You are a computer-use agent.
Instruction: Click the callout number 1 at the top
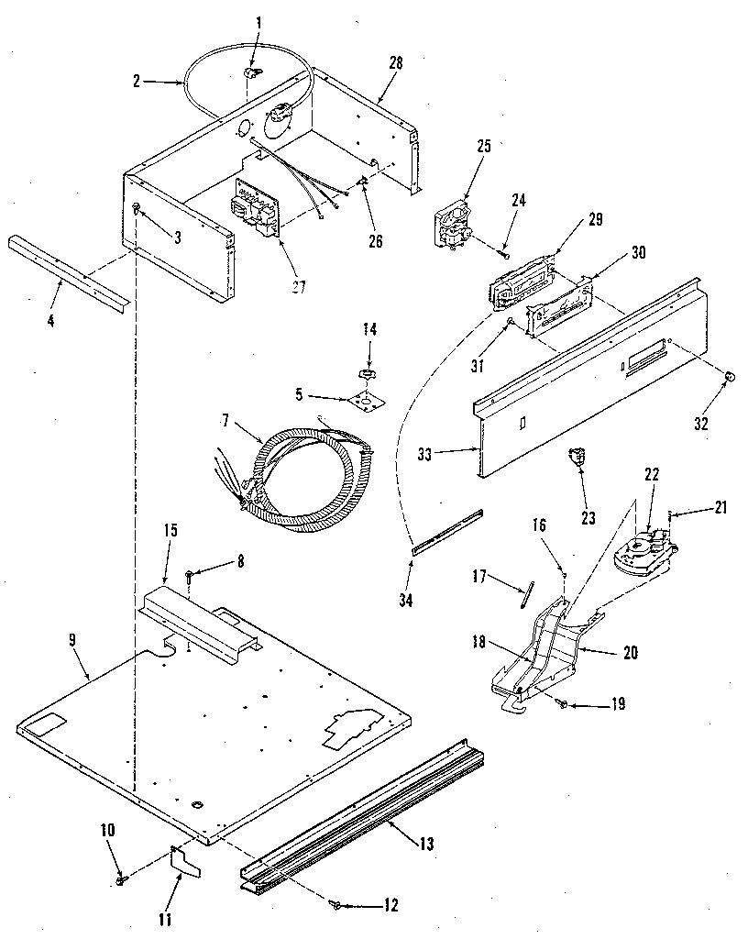(258, 21)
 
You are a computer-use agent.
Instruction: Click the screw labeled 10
(121, 880)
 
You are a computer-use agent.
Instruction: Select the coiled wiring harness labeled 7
(293, 472)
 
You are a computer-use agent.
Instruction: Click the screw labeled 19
(562, 703)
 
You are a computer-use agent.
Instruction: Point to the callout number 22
(652, 474)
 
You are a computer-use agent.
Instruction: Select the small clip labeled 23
(577, 456)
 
